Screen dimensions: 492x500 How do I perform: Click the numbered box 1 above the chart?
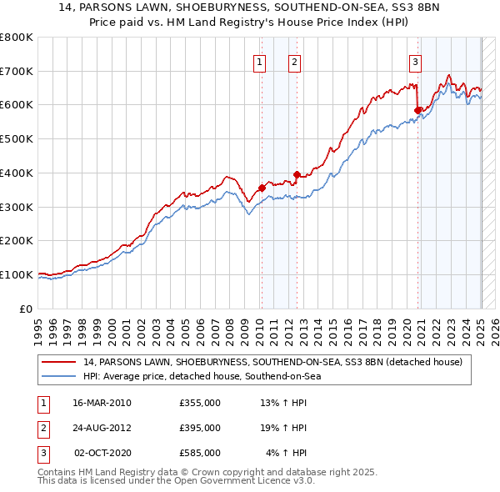pos(260,61)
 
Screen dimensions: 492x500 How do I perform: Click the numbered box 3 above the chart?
pos(415,61)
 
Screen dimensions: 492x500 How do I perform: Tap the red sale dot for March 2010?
pos(262,188)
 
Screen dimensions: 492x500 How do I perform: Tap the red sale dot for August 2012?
pos(297,174)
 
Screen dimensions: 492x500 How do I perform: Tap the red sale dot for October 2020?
pos(417,109)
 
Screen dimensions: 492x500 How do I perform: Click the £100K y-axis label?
pos(17,274)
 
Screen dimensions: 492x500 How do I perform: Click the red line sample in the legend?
pos(58,363)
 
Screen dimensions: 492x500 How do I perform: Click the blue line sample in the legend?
pos(58,377)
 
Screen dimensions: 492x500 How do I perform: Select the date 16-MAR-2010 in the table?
pos(102,403)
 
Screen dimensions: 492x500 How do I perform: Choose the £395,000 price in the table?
pos(200,428)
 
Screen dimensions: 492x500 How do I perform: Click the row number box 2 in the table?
pos(42,428)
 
